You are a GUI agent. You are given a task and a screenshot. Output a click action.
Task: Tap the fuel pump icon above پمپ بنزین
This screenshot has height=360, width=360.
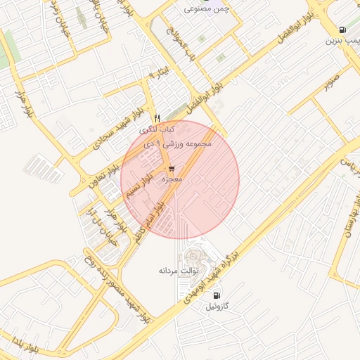(342, 30)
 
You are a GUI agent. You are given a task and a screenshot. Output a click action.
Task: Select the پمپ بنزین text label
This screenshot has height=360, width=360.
(341, 41)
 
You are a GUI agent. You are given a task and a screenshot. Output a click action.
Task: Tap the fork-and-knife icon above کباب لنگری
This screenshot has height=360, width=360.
(157, 118)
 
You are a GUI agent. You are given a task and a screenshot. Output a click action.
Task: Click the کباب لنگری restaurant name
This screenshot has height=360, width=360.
(157, 130)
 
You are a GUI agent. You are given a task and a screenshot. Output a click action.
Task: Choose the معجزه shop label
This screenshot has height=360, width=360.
(172, 180)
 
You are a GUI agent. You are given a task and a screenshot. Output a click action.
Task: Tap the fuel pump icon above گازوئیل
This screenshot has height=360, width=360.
(217, 295)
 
